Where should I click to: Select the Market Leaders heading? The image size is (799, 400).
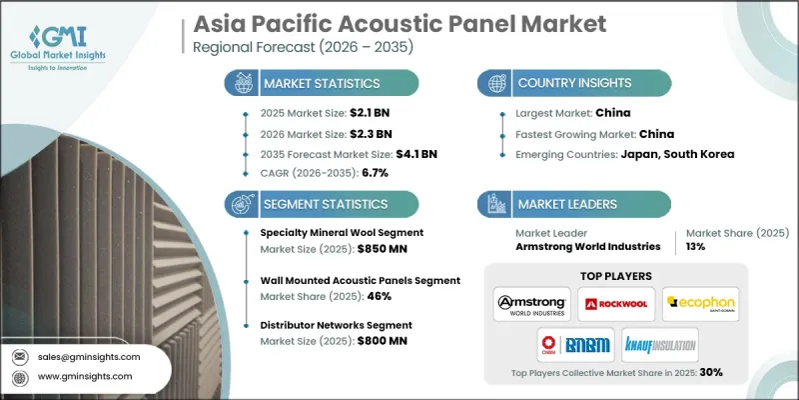(564, 203)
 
